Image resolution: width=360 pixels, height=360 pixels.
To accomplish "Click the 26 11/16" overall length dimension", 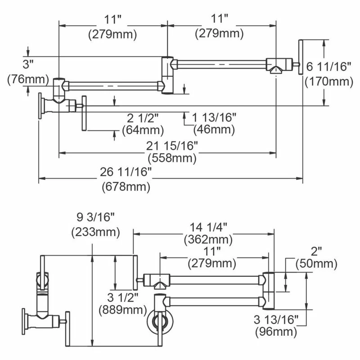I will point(126,172).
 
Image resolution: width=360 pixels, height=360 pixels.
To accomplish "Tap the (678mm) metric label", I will point(126,185).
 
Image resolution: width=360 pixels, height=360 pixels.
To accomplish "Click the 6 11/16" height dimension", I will point(328,67).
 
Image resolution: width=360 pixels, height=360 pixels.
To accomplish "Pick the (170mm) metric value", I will point(328,82).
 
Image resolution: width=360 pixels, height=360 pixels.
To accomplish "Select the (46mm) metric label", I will point(214,130).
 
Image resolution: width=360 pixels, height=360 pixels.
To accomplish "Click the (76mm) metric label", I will point(28,80).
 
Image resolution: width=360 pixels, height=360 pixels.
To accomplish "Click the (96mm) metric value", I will point(275,332).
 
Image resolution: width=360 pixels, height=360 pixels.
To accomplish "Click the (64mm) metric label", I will point(143,130).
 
